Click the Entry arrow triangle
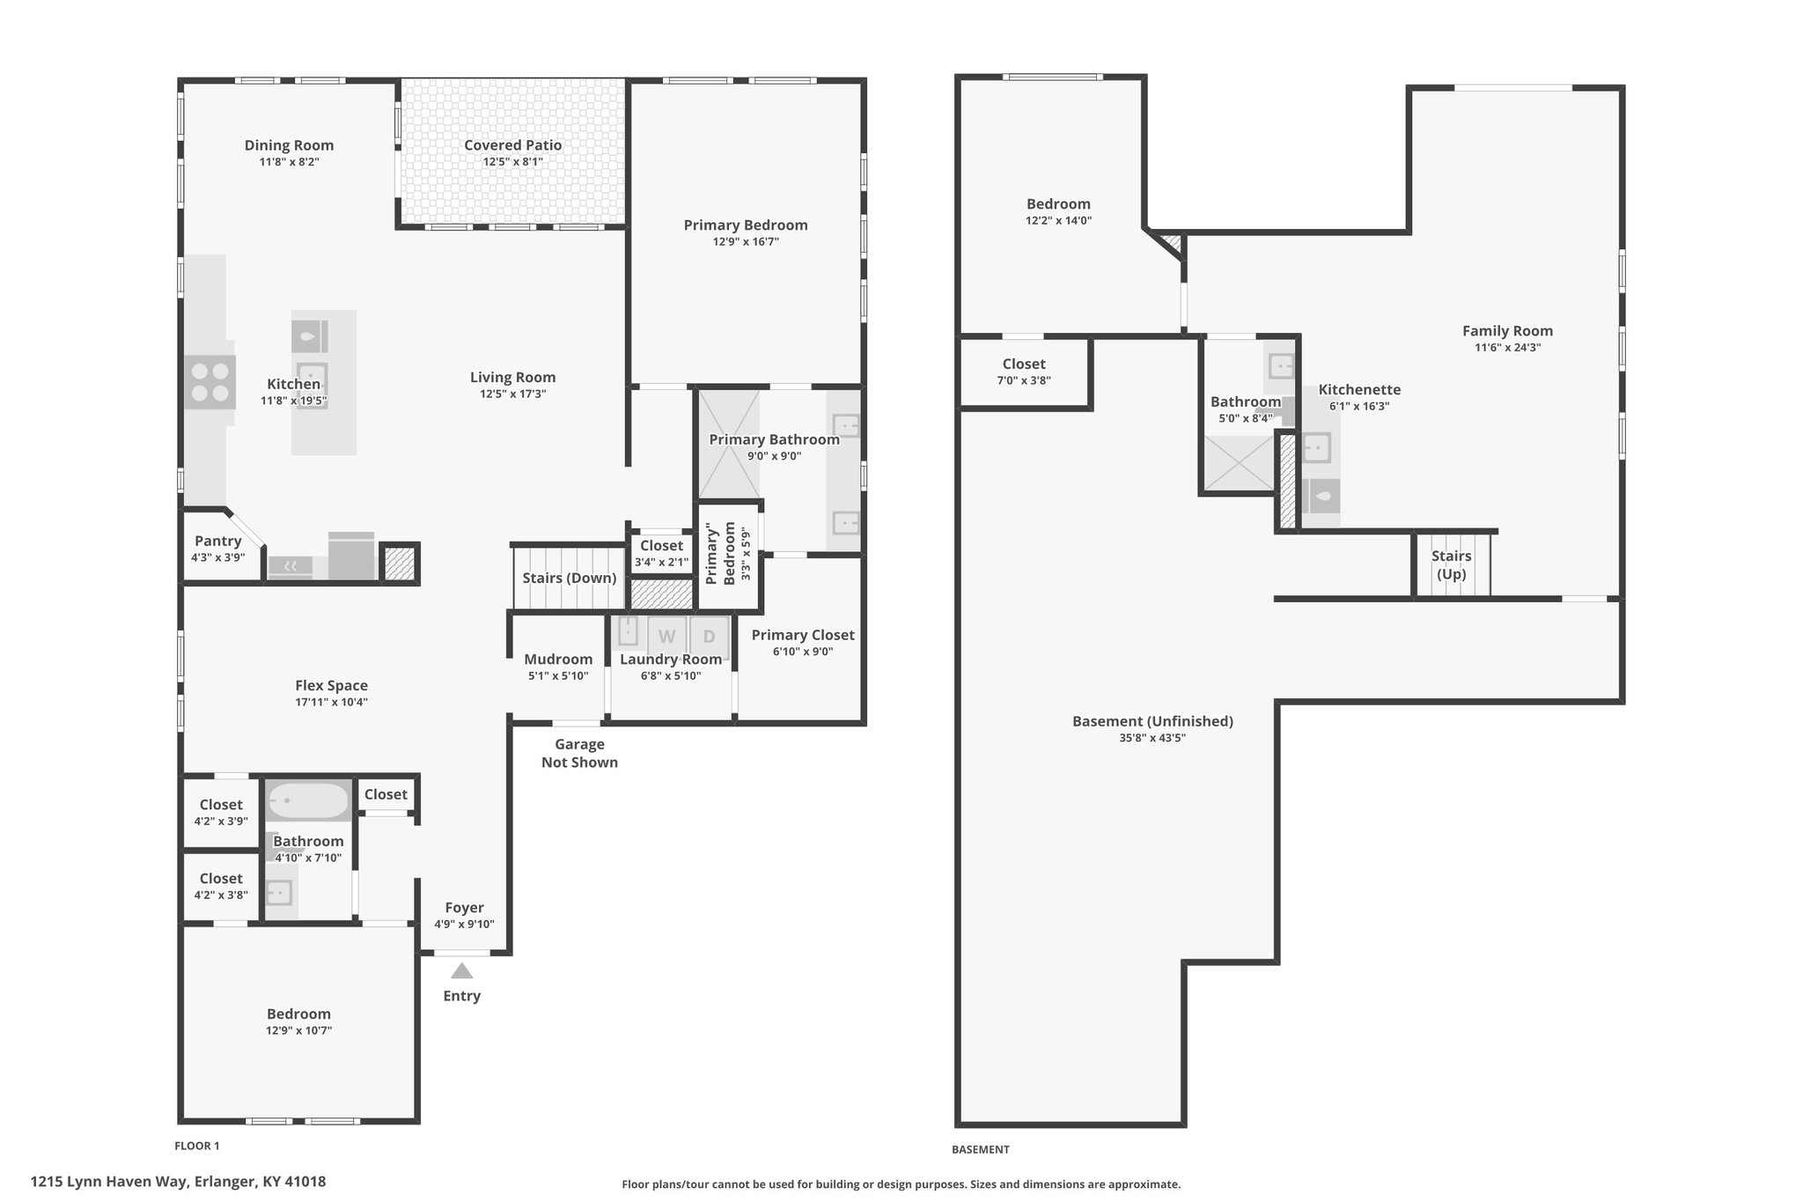pos(461,970)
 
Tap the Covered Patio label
pos(512,145)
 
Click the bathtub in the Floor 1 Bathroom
pos(308,801)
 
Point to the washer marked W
pos(667,636)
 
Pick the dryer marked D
pos(709,636)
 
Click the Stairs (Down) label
pos(569,578)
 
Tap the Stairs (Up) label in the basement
pos(1451,564)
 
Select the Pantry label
pos(217,541)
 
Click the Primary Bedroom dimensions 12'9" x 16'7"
pos(746,241)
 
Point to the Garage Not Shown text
pos(579,753)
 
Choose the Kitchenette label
pos(1359,389)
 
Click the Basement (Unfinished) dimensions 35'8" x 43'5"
pos(1152,738)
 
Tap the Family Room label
pos(1507,330)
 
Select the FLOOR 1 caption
pos(197,1146)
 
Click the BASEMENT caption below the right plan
pos(980,1149)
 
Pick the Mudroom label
pos(558,659)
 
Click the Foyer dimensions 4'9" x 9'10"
pos(464,924)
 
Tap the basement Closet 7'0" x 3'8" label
pos(1024,372)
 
